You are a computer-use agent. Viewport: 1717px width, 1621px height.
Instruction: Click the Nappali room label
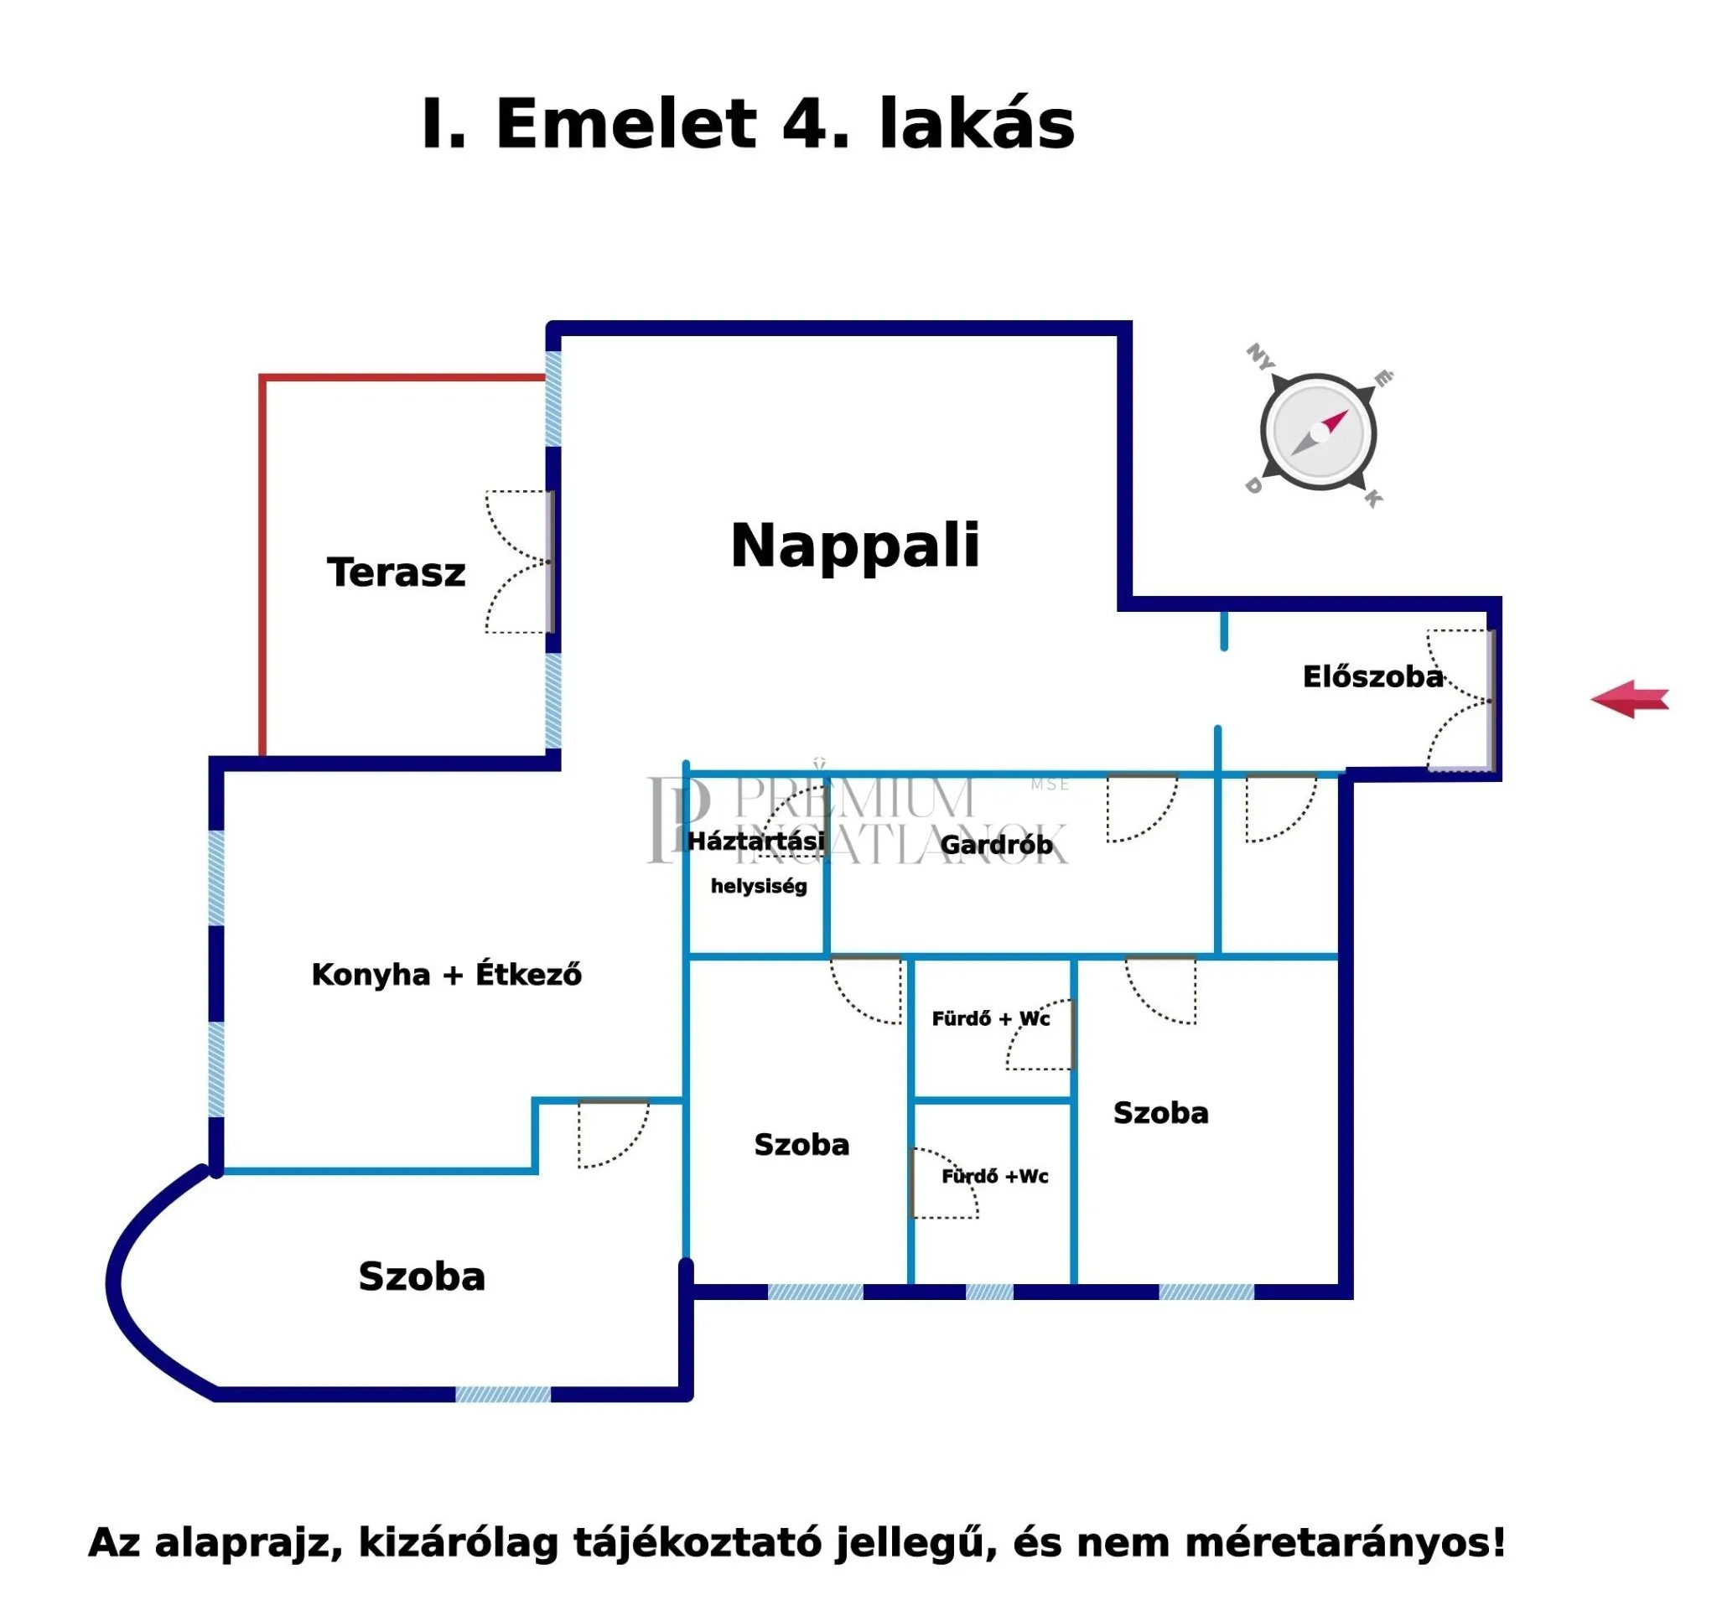pos(854,546)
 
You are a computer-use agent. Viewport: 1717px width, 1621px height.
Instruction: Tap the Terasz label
pos(396,572)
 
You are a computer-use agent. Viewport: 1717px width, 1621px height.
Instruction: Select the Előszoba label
pos(1372,676)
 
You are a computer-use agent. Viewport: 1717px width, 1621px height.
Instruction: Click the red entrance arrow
pos(1630,699)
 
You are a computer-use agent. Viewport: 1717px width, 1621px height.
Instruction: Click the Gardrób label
pos(995,845)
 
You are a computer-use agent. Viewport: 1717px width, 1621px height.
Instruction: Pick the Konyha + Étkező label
pos(446,975)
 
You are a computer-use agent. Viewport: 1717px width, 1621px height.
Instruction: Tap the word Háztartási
pos(755,841)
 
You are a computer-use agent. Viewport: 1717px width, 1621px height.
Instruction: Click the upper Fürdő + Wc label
pos(990,1018)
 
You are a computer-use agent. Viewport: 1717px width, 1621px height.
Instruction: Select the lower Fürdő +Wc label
pos(994,1176)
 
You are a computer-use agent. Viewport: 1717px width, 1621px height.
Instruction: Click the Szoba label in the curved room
pos(422,1277)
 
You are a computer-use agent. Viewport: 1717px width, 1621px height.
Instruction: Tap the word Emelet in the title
pos(626,123)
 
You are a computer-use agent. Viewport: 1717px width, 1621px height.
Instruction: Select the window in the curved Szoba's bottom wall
pos(503,1395)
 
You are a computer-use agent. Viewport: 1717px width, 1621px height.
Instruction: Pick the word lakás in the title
pos(977,123)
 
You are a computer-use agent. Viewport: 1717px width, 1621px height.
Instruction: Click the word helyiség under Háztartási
pos(759,887)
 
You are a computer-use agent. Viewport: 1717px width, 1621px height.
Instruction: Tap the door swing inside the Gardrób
pos(1141,808)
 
